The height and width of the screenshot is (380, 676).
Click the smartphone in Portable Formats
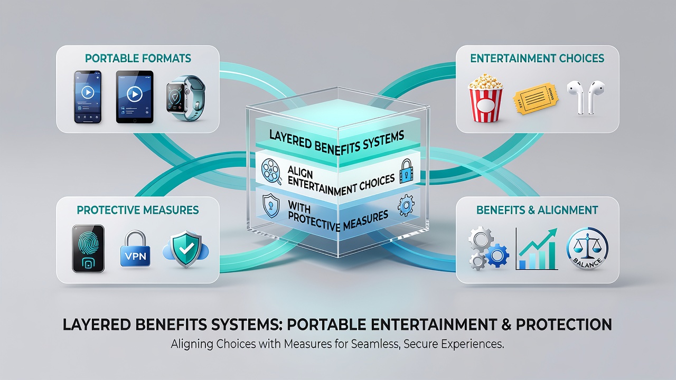88,97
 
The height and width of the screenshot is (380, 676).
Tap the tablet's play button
135,94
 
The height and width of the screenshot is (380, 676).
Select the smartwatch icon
185,98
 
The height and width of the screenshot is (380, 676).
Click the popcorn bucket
485,98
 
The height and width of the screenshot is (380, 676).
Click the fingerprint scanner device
88,249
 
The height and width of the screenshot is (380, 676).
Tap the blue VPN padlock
135,249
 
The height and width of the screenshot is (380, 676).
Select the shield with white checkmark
186,249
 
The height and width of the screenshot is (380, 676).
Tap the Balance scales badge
587,249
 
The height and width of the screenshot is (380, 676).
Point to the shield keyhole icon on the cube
271,205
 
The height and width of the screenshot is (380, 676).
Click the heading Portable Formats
138,58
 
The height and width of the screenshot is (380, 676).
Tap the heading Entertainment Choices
537,58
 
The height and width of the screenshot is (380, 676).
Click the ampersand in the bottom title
506,325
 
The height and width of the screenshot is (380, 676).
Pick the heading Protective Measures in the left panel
138,210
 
